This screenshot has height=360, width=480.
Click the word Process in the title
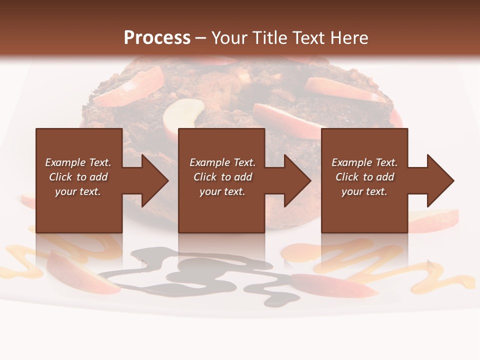[157, 38]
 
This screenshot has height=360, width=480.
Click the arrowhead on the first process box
[153, 180]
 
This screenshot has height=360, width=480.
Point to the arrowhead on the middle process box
[295, 180]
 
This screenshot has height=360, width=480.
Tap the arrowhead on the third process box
[438, 180]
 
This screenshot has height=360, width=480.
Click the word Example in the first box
[65, 162]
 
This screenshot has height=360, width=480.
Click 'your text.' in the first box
[78, 191]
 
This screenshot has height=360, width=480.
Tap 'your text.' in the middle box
[222, 191]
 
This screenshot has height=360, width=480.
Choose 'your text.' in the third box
[364, 191]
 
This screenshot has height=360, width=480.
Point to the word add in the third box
[385, 177]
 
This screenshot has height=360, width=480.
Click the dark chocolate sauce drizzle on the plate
[200, 272]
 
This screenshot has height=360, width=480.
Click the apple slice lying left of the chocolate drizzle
[80, 272]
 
